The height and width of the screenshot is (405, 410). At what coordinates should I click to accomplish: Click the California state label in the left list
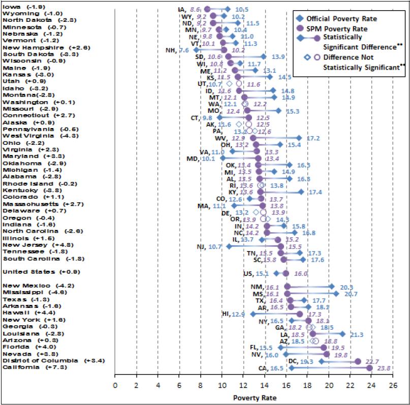click(21, 367)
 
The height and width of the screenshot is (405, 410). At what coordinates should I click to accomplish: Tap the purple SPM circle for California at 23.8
click(369, 368)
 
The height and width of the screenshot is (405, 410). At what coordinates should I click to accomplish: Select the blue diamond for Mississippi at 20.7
click(336, 293)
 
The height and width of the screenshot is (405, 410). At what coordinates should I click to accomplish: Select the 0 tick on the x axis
click(115, 385)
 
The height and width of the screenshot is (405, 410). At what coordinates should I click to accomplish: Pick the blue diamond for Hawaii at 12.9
click(253, 314)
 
